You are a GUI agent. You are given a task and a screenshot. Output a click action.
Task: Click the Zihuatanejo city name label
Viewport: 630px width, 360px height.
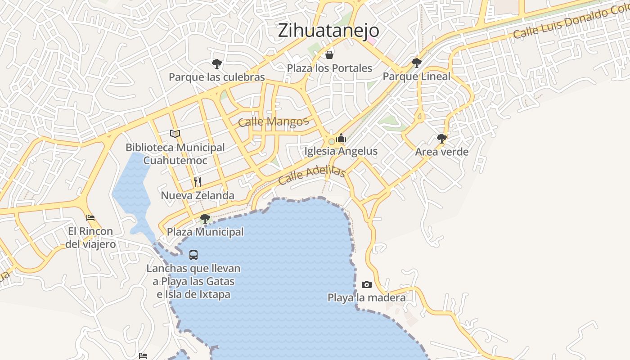(328, 31)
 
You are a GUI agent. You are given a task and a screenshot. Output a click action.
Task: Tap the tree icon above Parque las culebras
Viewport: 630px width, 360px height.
(217, 63)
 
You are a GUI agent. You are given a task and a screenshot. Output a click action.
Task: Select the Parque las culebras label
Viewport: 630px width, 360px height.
(217, 77)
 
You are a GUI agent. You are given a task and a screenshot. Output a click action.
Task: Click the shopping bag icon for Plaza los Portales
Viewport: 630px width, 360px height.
(329, 55)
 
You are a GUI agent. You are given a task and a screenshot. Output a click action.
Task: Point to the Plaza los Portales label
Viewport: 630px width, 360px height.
(330, 68)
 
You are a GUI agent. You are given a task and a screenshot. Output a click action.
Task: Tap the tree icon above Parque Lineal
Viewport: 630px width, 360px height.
(417, 63)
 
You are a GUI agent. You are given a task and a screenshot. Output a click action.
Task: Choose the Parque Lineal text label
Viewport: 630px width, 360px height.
(417, 76)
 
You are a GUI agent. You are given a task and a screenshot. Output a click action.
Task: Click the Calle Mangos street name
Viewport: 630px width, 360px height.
(273, 121)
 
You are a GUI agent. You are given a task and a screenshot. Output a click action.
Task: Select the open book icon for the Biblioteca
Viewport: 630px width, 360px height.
(175, 134)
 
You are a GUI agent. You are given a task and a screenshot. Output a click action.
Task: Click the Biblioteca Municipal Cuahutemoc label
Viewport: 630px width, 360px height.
(175, 154)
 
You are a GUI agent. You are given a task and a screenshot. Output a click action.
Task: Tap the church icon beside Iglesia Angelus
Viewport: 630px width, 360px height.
(341, 138)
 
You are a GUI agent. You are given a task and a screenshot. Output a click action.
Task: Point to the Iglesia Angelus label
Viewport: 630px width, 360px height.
(341, 151)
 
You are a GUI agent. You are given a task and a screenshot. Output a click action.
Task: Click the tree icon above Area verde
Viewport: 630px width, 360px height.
(442, 138)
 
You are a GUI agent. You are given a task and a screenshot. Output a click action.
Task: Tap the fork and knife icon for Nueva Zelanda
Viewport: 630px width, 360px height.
(198, 182)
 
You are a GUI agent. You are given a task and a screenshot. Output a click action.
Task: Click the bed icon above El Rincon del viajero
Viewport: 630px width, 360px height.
(90, 218)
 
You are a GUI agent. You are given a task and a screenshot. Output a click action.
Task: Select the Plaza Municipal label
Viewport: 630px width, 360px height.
(205, 232)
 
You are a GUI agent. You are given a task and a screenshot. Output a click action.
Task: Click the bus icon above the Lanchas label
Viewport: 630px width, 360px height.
(193, 255)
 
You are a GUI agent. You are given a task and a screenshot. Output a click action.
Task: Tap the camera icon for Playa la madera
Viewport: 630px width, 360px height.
(367, 284)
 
